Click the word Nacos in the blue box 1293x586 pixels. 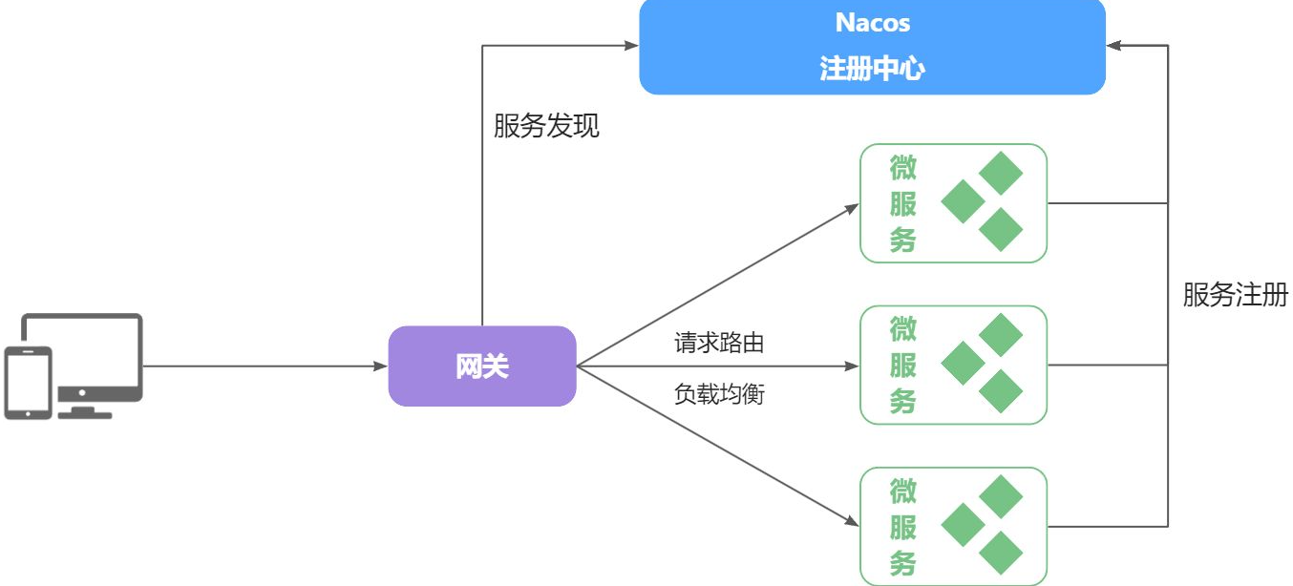click(872, 23)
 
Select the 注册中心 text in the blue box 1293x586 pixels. click(872, 69)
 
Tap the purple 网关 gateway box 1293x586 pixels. click(482, 366)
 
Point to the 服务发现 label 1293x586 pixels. click(546, 126)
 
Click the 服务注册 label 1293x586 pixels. click(1235, 295)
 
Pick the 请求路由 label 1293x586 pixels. click(719, 344)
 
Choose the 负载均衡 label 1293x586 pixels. click(719, 394)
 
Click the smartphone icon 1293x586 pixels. click(28, 382)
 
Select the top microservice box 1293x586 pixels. click(953, 203)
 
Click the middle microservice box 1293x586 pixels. click(953, 366)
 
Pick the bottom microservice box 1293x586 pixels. click(953, 527)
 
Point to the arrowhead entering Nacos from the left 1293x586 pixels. click(631, 45)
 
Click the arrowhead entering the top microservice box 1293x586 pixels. click(852, 207)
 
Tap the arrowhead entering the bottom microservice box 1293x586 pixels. click(852, 521)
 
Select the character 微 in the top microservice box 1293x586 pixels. click(903, 169)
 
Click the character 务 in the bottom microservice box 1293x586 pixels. click(903, 562)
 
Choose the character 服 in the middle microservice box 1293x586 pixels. click(903, 366)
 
